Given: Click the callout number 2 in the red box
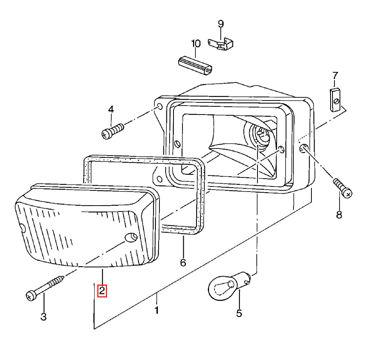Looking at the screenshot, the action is coord(102,291).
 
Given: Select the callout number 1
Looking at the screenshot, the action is coord(156,310).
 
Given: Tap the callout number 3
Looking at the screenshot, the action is coord(43,317).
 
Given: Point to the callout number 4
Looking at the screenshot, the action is coord(111,109).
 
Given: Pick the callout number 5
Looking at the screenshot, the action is coord(239,313).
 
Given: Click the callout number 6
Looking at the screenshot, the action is coord(183,262).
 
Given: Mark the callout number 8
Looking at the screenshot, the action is coord(339,215).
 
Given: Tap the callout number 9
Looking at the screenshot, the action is coord(221,24).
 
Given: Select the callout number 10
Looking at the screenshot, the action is coord(196,43).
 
